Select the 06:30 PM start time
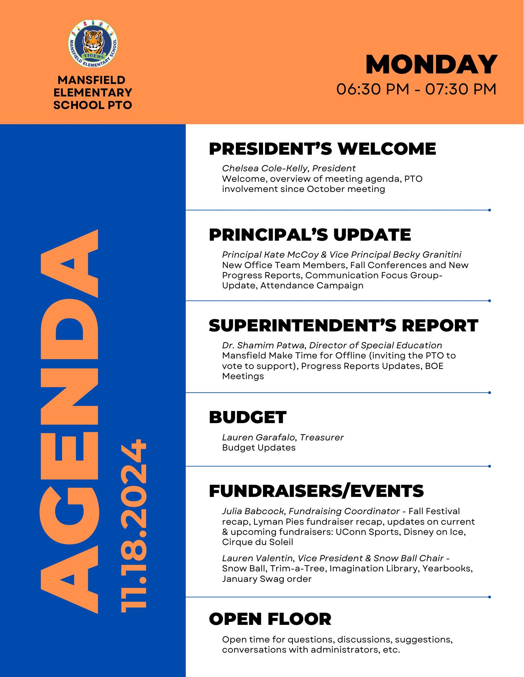(x=372, y=90)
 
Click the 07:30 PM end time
(x=461, y=90)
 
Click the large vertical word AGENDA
(x=69, y=421)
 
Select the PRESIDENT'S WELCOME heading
(x=322, y=149)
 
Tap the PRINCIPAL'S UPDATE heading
(x=310, y=235)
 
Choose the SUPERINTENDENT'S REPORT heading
(x=343, y=326)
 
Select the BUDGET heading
(x=248, y=417)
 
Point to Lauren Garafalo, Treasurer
(x=283, y=437)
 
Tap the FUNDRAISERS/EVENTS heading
(x=316, y=491)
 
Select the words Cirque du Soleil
(x=258, y=542)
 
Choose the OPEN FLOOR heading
(x=270, y=619)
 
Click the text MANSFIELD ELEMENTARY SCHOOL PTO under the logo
(x=93, y=92)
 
